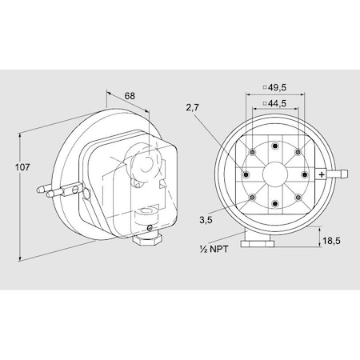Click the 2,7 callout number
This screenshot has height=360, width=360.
point(192,106)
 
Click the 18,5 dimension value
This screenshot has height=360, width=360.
point(332,240)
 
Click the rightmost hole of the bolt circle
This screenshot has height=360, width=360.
point(304,174)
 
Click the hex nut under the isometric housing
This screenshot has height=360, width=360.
point(149,237)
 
